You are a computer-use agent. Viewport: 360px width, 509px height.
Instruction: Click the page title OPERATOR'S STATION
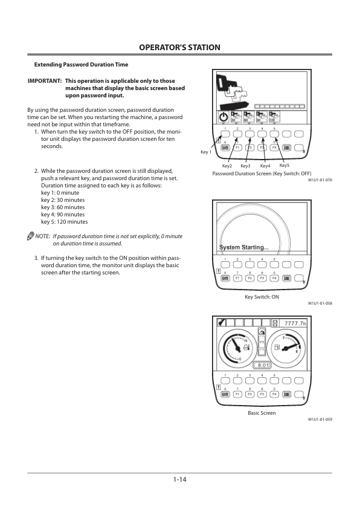[x=179, y=47]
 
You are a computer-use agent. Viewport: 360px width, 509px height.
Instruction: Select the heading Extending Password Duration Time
[x=81, y=65]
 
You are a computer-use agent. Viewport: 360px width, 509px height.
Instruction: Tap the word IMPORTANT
[x=45, y=81]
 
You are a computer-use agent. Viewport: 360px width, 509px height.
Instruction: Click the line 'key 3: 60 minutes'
[x=63, y=207]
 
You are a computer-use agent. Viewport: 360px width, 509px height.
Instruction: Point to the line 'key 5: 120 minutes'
[x=65, y=222]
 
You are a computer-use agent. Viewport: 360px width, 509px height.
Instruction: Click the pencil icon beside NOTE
[x=30, y=236]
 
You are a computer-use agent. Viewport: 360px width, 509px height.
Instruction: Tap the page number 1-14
[x=179, y=479]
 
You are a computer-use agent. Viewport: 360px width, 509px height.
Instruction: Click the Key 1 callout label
[x=206, y=152]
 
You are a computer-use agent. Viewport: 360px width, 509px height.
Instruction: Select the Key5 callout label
[x=284, y=165]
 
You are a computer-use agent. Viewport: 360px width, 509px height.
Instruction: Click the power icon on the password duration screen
[x=223, y=117]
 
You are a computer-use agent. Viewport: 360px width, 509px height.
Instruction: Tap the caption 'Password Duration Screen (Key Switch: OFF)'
[x=262, y=173]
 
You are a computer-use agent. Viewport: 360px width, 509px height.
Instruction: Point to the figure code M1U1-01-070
[x=320, y=180]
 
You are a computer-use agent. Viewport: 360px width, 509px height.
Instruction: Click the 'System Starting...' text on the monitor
[x=244, y=247]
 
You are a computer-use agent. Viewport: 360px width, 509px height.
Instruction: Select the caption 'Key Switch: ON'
[x=262, y=297]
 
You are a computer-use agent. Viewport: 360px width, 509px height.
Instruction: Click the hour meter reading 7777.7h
[x=295, y=323]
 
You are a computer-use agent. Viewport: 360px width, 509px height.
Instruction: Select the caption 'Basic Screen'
[x=262, y=413]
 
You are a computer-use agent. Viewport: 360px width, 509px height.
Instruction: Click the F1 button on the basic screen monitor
[x=238, y=394]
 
